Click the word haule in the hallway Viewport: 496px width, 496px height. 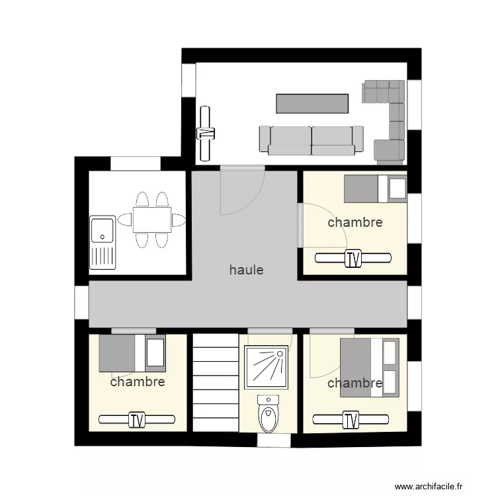click(246, 270)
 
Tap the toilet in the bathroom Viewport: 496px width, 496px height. click(269, 413)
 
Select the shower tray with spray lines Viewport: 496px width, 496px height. click(266, 367)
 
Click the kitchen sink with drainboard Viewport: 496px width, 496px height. click(103, 243)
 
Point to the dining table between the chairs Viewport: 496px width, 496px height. click(152, 220)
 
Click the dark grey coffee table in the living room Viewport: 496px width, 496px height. click(312, 103)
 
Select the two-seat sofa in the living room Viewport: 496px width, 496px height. click(311, 141)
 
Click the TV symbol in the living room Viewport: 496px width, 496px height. click(205, 134)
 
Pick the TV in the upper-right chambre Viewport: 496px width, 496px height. click(353, 259)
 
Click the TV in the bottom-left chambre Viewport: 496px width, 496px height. click(137, 420)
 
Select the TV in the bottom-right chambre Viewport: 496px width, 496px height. click(351, 420)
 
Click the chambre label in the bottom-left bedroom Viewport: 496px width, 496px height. click(138, 382)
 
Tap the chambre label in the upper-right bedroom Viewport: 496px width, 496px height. click(355, 222)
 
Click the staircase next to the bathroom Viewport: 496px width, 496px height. click(216, 382)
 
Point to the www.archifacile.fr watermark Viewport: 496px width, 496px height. click(429, 486)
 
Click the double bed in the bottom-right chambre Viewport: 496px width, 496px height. click(370, 368)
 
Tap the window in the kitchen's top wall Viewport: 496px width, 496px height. click(136, 163)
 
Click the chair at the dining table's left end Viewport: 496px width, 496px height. click(124, 220)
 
